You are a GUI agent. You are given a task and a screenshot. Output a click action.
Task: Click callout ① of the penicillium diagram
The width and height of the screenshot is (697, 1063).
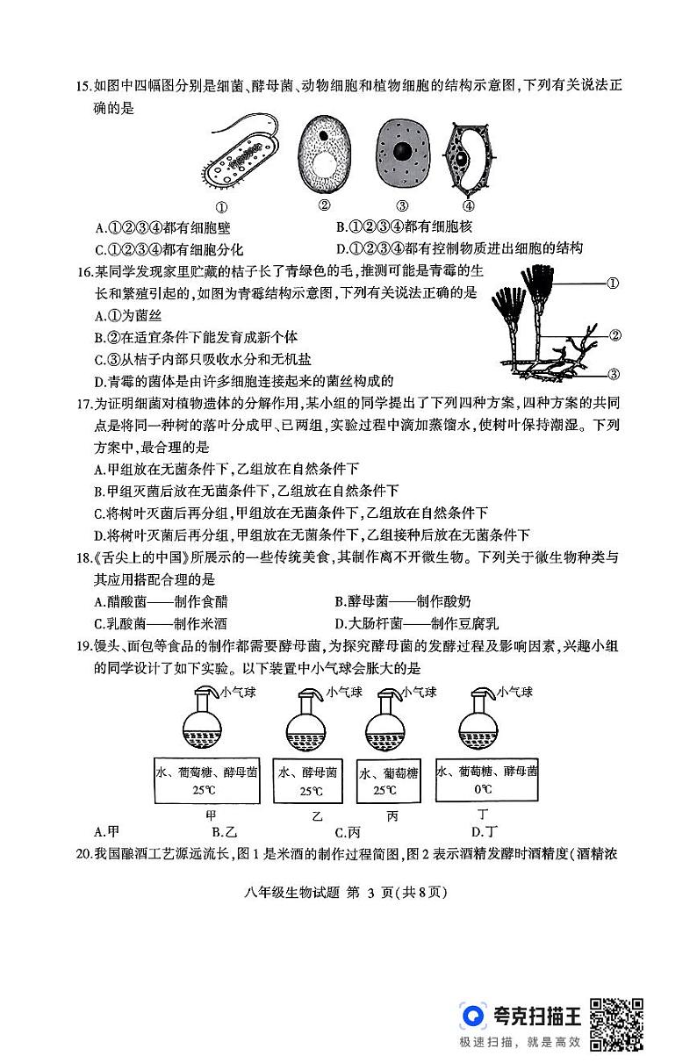pos(613,283)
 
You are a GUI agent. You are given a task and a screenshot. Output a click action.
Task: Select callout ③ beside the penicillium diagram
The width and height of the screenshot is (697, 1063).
pos(613,373)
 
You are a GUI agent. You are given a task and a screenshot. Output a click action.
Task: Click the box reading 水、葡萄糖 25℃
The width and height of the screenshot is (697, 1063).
pos(389,781)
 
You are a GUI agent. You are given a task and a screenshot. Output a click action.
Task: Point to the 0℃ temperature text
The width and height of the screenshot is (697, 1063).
pos(485,788)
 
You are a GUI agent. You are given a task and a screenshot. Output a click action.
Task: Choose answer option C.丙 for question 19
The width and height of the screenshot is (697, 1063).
pos(348,831)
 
